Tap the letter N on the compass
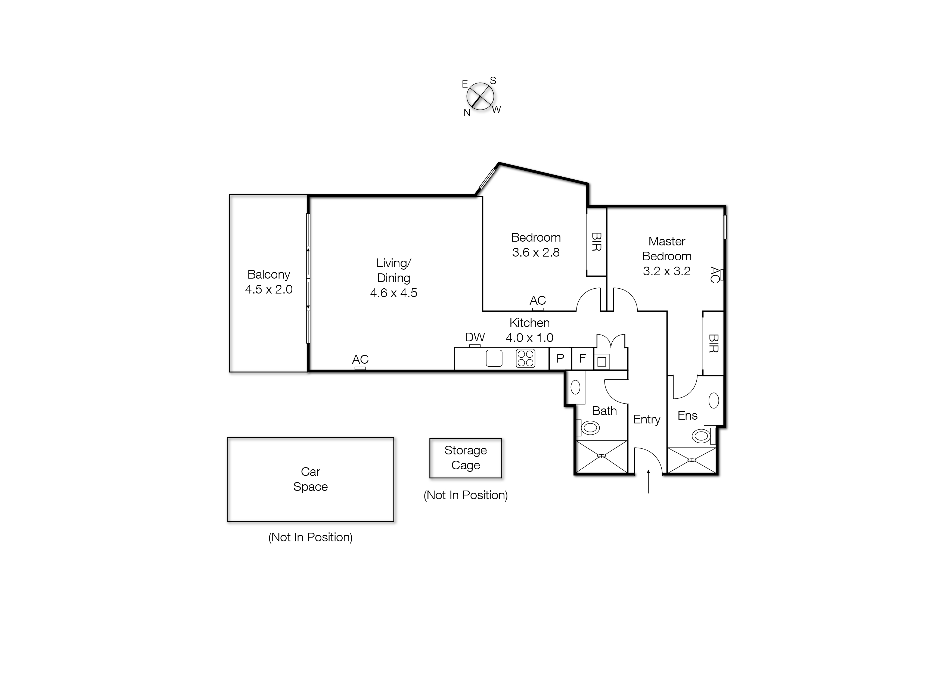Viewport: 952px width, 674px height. (x=467, y=113)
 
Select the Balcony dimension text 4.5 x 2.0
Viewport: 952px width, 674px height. (x=269, y=289)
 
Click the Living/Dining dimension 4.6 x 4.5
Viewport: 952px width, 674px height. (x=393, y=293)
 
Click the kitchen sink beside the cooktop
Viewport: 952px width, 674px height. (x=494, y=358)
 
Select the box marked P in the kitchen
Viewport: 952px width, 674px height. (x=560, y=358)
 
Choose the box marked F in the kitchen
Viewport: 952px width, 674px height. (x=582, y=358)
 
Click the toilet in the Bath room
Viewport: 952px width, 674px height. (x=590, y=428)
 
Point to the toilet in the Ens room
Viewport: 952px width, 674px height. (x=701, y=436)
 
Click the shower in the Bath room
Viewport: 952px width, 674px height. (x=601, y=457)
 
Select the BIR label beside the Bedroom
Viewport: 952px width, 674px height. (x=596, y=242)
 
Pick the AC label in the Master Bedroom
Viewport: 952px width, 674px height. (x=714, y=275)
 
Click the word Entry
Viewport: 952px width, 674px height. (x=646, y=420)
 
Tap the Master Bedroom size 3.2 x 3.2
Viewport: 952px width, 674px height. (x=666, y=272)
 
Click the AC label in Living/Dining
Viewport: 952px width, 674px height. (x=360, y=359)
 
